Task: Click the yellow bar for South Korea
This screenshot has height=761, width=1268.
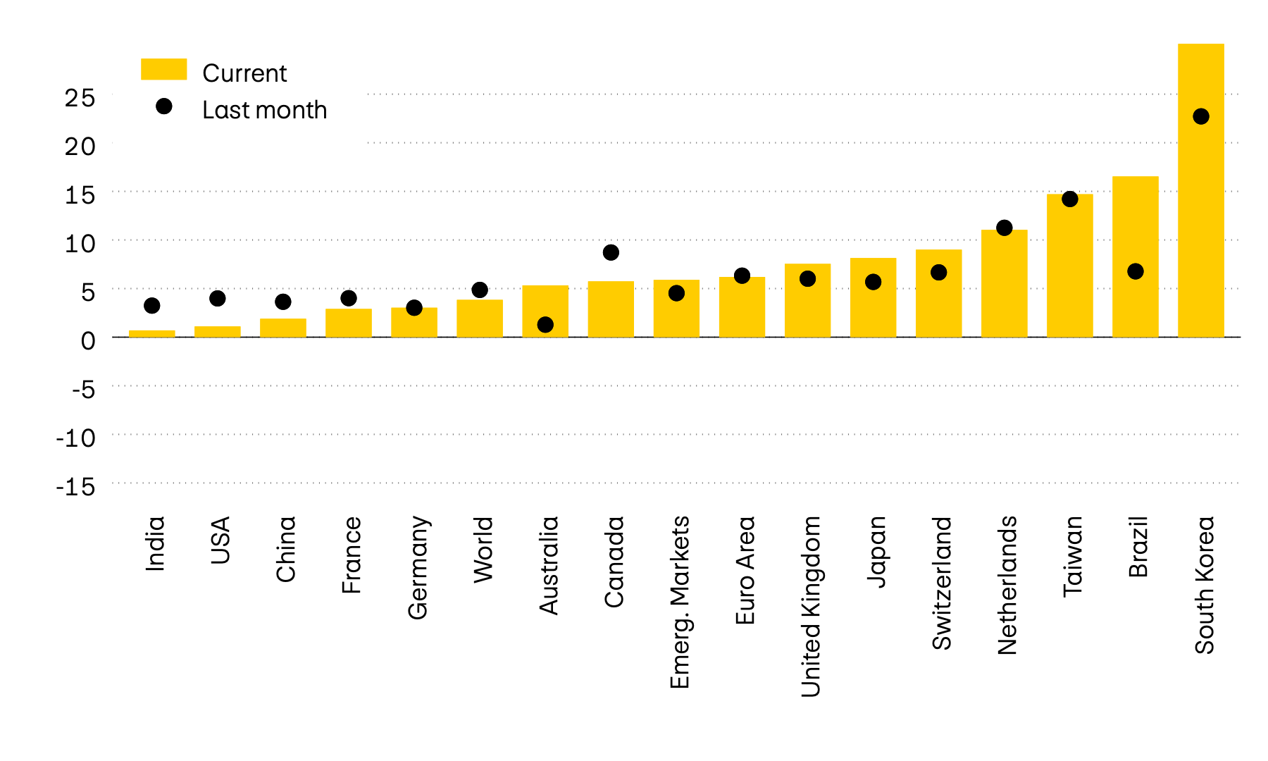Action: coord(1200,211)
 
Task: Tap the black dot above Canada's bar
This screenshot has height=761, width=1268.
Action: coord(611,252)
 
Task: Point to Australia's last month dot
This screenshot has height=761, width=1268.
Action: coord(545,325)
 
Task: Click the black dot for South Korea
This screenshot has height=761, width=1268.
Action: coord(1201,116)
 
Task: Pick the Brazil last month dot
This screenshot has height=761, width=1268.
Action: coord(1135,271)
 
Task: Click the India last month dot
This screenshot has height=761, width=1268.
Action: coord(151,306)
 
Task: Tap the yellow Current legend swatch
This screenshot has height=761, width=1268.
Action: coord(163,69)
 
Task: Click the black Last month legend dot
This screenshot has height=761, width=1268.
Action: coord(163,106)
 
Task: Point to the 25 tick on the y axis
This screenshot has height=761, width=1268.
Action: coord(80,98)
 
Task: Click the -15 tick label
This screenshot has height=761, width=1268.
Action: coord(75,487)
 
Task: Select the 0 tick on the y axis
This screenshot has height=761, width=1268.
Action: coord(87,341)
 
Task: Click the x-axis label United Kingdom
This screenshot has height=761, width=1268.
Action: coord(811,606)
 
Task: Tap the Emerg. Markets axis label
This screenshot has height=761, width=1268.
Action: coord(680,602)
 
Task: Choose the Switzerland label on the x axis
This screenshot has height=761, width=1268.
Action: coord(942,582)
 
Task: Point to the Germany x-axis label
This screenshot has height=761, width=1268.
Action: coord(418,567)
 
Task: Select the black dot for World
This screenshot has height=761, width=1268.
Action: coord(480,290)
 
